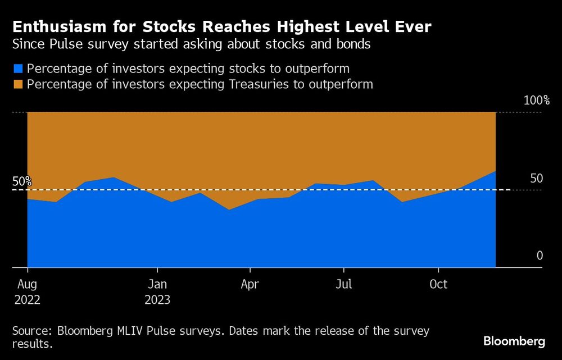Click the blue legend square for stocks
(18, 69)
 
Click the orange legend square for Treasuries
(18, 84)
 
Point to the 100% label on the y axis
(536, 101)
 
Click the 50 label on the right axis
(537, 178)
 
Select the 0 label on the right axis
(540, 256)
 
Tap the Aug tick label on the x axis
(27, 284)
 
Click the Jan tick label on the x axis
(157, 284)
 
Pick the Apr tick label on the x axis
(250, 284)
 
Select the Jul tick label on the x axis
(343, 284)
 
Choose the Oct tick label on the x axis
(438, 284)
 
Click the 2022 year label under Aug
(27, 299)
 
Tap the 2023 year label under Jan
(157, 299)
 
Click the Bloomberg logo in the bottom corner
(514, 341)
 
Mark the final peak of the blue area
(495, 171)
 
